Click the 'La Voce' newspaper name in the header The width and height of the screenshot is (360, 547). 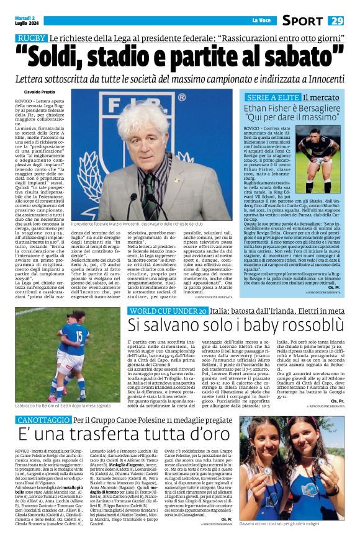(x=259, y=20)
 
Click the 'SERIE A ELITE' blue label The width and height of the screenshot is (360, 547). (x=274, y=99)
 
